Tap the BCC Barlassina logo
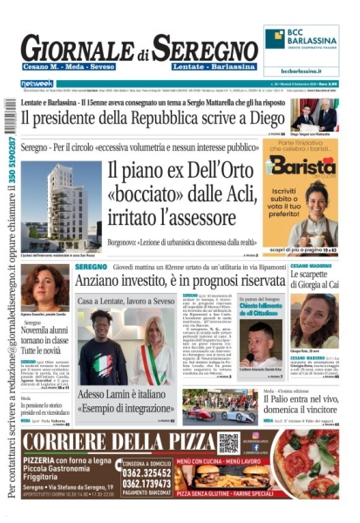[302, 40]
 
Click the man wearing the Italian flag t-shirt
[101, 349]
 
